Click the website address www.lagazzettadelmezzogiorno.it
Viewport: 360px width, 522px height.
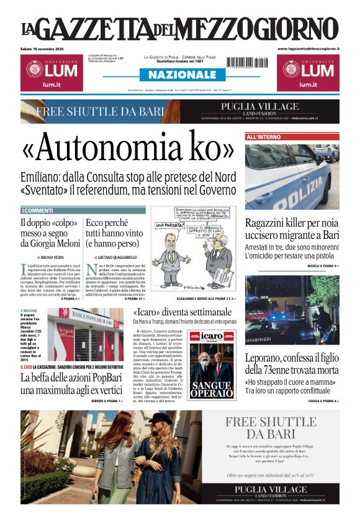[x=308, y=48]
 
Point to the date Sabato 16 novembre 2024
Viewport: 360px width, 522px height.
[x=47, y=49]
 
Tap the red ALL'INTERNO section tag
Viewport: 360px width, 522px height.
[x=263, y=137]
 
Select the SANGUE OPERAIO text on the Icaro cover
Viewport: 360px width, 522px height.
[x=212, y=388]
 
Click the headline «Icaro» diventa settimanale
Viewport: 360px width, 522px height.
[x=182, y=312]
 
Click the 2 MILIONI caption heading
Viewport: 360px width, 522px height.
[x=30, y=311]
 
